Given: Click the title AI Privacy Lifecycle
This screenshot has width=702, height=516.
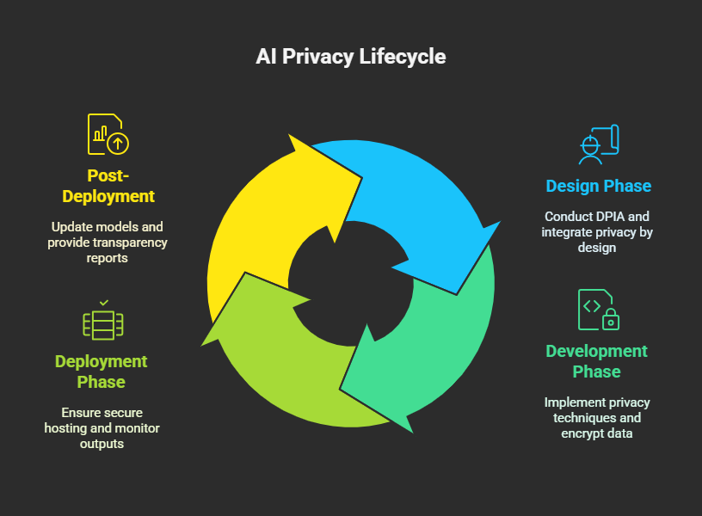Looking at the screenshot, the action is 350,57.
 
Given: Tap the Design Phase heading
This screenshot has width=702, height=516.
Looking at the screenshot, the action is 599,186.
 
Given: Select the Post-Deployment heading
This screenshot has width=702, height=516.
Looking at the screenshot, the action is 108,186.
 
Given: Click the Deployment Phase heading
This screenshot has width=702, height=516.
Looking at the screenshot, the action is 102,372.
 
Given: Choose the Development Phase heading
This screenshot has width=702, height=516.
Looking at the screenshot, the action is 597,361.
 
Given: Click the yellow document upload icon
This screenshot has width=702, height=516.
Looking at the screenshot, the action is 108,134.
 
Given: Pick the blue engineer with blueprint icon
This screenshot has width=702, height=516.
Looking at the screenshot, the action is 599,144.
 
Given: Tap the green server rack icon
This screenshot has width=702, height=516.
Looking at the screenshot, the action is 103,323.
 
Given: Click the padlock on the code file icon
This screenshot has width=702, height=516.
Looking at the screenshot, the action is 611,320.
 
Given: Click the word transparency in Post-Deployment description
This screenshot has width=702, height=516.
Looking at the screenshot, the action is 130,243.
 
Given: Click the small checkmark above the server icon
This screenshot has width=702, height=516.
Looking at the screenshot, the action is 104,303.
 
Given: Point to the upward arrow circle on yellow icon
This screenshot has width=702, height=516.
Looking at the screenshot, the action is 118,144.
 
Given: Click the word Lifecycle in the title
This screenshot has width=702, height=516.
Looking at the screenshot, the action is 403,57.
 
